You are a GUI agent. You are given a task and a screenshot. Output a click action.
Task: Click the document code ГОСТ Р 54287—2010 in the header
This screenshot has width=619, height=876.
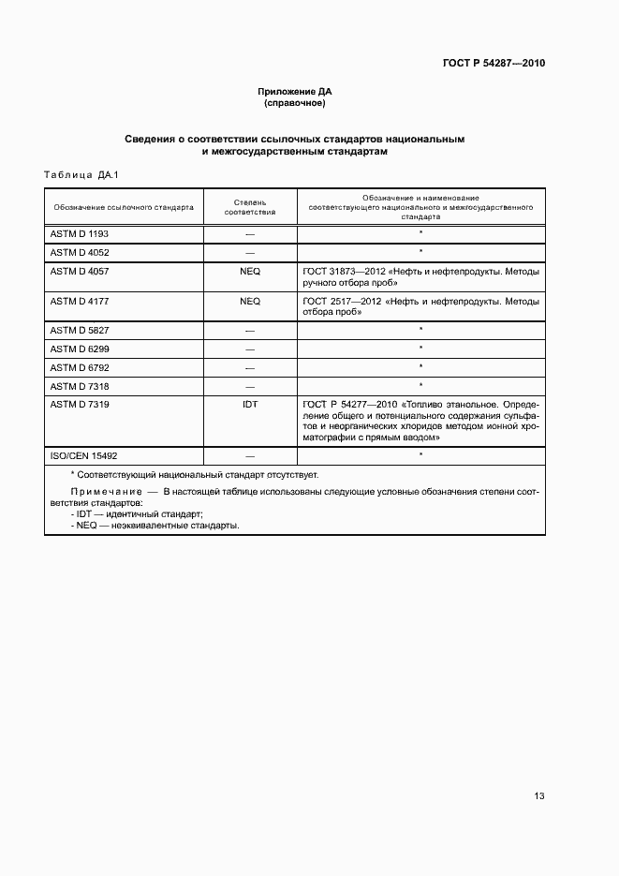coord(494,64)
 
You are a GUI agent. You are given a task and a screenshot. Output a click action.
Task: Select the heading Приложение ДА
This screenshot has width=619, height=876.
coord(295,91)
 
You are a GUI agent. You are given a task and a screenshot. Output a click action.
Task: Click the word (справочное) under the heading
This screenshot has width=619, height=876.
coord(295,102)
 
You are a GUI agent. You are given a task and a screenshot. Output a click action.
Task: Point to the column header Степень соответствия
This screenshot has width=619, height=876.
coord(250,206)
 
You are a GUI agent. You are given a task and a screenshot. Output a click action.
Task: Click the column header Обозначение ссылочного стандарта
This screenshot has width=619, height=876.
coord(124,207)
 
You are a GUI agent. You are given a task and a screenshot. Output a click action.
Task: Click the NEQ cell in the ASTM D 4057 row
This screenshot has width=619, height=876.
coord(250,272)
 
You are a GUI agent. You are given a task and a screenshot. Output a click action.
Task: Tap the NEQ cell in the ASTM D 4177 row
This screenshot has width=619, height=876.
coord(250,302)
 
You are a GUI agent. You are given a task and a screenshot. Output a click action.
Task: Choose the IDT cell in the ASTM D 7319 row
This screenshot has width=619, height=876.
coord(250,404)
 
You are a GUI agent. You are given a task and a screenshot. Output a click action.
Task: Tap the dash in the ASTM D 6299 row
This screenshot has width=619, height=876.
coord(250,349)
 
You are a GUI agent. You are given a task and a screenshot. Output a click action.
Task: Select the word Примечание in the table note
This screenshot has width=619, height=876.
coord(102,491)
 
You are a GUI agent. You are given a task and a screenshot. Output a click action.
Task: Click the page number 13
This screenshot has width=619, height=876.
coord(539,796)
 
